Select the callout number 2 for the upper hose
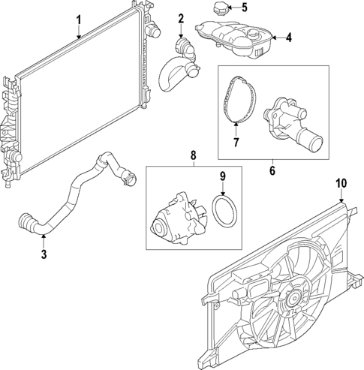181,18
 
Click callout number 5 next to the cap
244,8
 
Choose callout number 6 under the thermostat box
272,171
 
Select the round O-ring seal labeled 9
222,210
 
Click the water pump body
176,220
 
